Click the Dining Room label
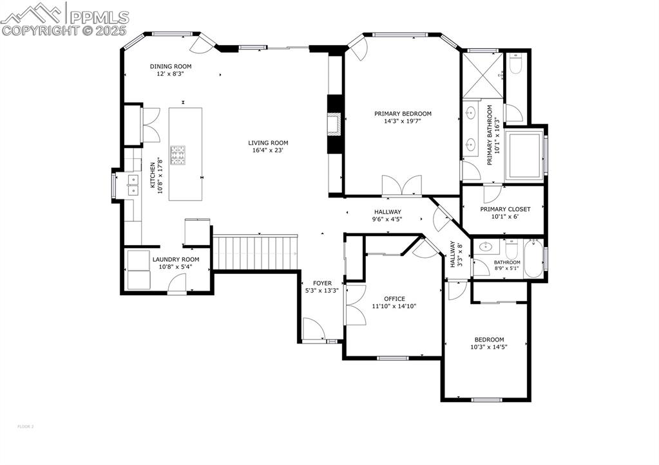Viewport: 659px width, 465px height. (x=171, y=66)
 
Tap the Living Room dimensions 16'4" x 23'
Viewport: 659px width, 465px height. (x=268, y=150)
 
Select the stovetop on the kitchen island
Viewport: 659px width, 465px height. (x=178, y=154)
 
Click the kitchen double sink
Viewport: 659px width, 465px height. (x=133, y=185)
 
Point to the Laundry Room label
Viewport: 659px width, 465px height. (x=172, y=259)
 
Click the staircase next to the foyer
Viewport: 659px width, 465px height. (x=256, y=252)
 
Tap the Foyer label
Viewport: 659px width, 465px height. (x=322, y=283)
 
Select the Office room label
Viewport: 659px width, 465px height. (x=394, y=298)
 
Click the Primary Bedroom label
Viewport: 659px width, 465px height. (x=403, y=114)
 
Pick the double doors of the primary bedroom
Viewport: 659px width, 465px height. (x=401, y=186)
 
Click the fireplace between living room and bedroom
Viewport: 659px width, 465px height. (x=334, y=123)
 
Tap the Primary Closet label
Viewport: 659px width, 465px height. (x=505, y=209)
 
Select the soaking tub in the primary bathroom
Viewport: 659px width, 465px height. (x=525, y=156)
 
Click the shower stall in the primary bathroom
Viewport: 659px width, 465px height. (x=482, y=76)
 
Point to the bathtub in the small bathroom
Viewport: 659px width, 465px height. (x=533, y=259)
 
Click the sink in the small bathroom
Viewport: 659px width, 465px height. (x=485, y=247)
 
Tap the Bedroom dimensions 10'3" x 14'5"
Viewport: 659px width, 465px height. (x=489, y=347)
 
